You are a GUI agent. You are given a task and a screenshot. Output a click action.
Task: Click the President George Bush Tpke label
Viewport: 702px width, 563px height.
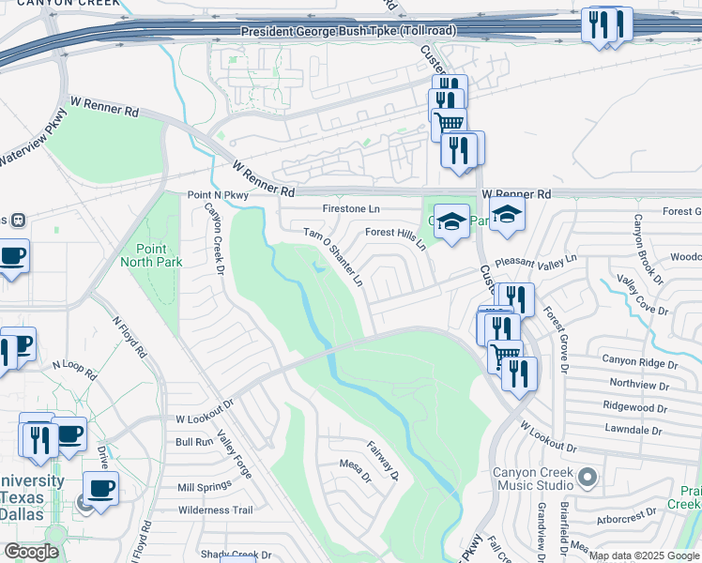click(348, 32)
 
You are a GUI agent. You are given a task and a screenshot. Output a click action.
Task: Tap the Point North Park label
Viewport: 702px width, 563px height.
click(145, 254)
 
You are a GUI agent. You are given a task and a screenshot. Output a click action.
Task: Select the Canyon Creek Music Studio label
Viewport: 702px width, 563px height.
click(531, 479)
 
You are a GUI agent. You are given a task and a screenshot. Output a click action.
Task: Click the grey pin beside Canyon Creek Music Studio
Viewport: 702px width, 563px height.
click(588, 479)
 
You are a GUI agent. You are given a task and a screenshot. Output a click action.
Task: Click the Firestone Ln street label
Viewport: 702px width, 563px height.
click(351, 208)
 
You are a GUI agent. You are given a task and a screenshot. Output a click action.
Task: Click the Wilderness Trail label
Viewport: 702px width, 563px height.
click(215, 510)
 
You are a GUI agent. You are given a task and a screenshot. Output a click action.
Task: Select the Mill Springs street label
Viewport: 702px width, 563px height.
click(204, 487)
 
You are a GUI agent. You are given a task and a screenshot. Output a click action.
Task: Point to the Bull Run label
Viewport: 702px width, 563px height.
click(194, 441)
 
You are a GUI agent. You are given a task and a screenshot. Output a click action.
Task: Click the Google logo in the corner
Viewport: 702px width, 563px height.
click(31, 551)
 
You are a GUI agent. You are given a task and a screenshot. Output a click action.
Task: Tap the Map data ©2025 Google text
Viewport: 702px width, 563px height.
click(644, 556)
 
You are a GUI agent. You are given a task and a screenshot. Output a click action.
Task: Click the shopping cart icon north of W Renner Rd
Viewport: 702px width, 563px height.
click(449, 122)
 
